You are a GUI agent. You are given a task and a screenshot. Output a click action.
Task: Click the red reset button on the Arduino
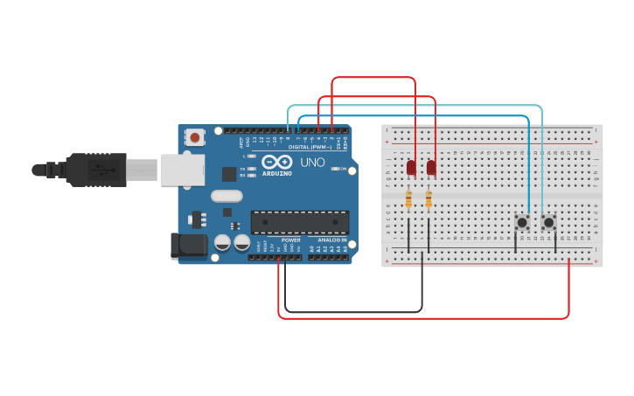pyautogui.click(x=194, y=137)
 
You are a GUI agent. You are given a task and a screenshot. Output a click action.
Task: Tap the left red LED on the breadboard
pyautogui.click(x=410, y=168)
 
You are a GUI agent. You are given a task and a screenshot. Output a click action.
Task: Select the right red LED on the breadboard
pyautogui.click(x=431, y=168)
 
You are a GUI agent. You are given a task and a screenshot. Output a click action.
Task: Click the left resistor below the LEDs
pyautogui.click(x=409, y=200)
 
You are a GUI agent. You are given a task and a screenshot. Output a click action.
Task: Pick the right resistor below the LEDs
pyautogui.click(x=428, y=200)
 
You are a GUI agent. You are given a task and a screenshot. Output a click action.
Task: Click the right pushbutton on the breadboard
pyautogui.click(x=548, y=222)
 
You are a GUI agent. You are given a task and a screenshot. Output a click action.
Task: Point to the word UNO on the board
pyautogui.click(x=313, y=163)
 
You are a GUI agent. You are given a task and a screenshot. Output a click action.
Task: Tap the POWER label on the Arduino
pyautogui.click(x=291, y=240)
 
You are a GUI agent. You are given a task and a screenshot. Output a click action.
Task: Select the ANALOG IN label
pyautogui.click(x=331, y=240)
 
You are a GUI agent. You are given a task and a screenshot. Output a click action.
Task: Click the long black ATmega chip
pyautogui.click(x=300, y=222)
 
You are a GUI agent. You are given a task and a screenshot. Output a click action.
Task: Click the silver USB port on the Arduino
pyautogui.click(x=182, y=169)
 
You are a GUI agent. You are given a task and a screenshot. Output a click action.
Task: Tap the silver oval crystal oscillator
pyautogui.click(x=226, y=197)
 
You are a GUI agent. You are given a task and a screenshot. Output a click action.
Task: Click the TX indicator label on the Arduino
pyautogui.click(x=244, y=168)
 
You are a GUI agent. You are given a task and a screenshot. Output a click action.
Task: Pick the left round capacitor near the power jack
pyautogui.click(x=223, y=242)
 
